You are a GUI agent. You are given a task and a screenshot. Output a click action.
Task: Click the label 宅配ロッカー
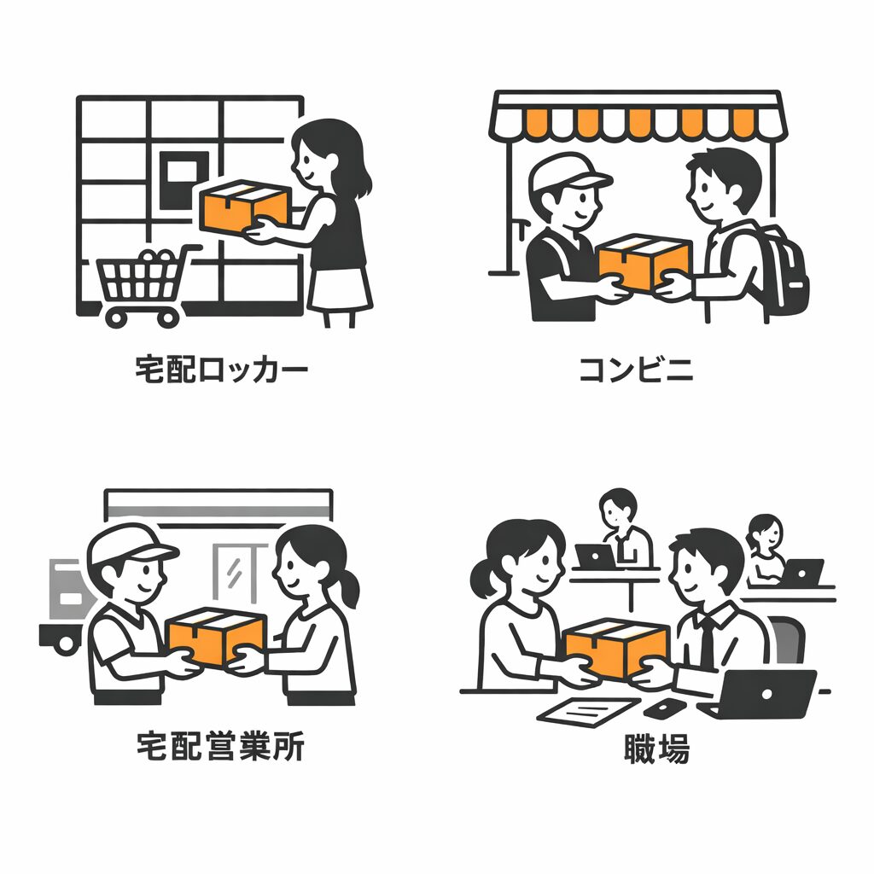(x=221, y=369)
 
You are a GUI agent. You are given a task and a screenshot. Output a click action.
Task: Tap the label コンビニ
(x=637, y=370)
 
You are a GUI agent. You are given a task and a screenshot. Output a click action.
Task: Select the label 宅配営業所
(x=221, y=746)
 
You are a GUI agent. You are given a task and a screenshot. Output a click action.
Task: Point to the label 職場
(x=656, y=748)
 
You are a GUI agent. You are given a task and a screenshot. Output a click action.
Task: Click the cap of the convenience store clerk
(x=565, y=172)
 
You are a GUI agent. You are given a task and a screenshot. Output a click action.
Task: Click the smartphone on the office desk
(x=664, y=708)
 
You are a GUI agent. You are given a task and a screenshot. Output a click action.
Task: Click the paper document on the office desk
(x=588, y=711)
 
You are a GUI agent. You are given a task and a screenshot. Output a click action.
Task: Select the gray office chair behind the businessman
(x=786, y=639)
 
